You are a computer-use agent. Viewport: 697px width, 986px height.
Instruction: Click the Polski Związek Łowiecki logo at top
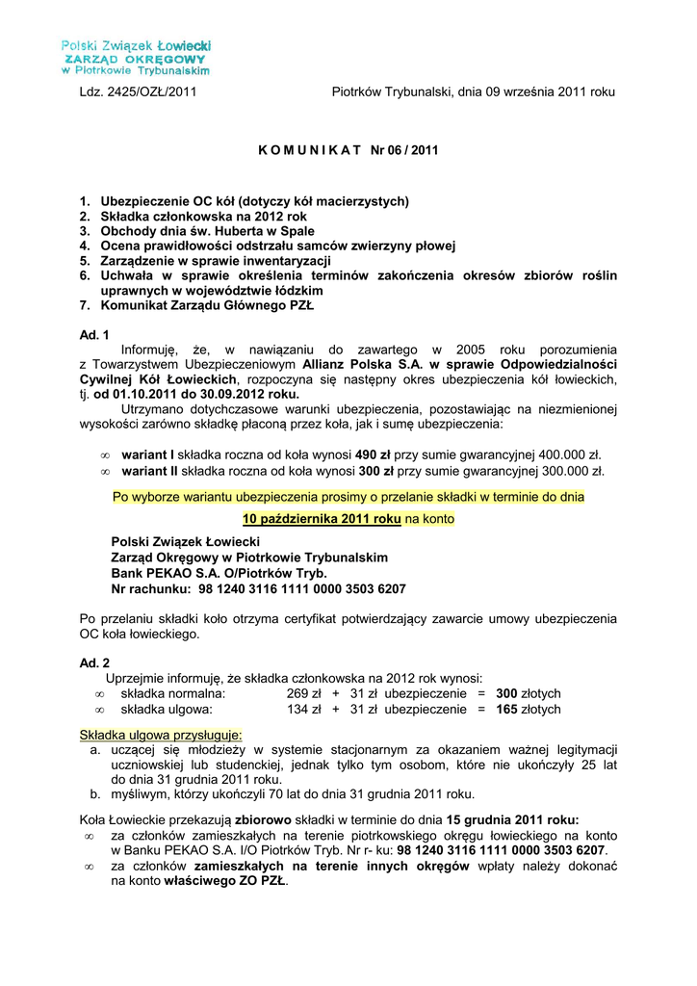136,58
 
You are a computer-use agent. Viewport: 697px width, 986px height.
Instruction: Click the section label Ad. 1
94,334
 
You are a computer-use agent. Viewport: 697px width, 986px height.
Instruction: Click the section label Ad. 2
94,663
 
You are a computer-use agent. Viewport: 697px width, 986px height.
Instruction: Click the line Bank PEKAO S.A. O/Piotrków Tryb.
219,573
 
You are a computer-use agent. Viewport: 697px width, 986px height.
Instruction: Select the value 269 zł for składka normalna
303,693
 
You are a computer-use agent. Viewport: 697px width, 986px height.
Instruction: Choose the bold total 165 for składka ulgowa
506,710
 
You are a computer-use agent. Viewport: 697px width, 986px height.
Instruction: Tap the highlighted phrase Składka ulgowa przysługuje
161,735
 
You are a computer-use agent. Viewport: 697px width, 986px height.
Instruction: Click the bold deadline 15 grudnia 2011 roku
512,819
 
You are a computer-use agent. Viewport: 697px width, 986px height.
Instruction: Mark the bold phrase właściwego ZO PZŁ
225,881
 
